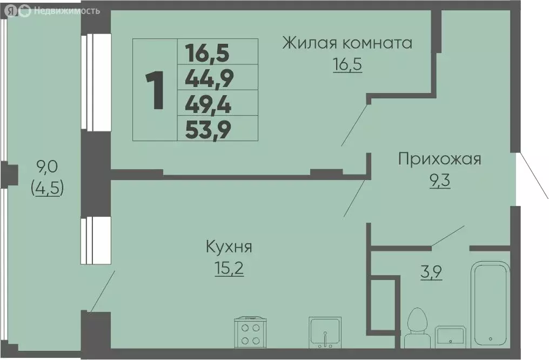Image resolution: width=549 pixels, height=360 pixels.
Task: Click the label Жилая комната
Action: [x=347, y=43]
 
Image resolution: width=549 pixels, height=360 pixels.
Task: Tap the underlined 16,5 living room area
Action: [x=347, y=65]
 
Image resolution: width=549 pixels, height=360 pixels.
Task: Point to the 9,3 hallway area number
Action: [x=440, y=179]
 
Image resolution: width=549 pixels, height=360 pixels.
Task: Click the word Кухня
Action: [x=229, y=248]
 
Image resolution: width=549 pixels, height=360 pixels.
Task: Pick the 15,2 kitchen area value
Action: [x=229, y=268]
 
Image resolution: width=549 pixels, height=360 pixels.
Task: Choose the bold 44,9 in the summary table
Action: [x=209, y=80]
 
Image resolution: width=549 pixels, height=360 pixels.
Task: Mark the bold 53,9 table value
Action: [x=208, y=129]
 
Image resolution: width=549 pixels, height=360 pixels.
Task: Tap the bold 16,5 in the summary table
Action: [x=207, y=54]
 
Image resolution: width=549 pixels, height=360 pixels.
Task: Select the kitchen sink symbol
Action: [x=324, y=332]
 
